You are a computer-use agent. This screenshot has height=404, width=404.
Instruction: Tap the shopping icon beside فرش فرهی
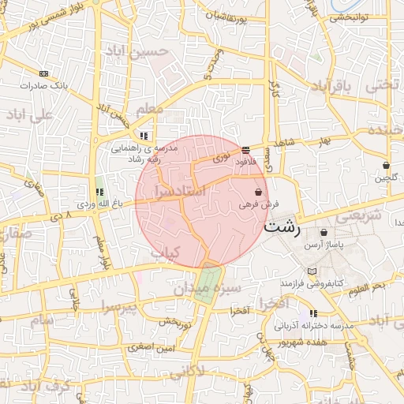coord(259,192)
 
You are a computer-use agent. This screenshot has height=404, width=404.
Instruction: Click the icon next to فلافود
coord(246,148)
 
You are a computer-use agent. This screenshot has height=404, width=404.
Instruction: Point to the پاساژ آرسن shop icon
coord(324,233)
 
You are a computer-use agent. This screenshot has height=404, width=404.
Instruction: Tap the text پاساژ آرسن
coord(324,245)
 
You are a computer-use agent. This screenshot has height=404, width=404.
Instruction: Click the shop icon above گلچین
coord(386,166)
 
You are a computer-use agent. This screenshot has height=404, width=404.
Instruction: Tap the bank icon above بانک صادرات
coord(43,72)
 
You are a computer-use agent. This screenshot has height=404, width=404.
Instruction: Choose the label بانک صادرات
coord(44,84)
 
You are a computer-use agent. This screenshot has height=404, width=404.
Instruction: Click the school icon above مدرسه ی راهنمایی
coord(143,136)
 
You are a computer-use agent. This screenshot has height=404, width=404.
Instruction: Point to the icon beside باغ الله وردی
coord(99,192)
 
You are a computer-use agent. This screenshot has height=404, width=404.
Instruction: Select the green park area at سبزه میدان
coord(208,283)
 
